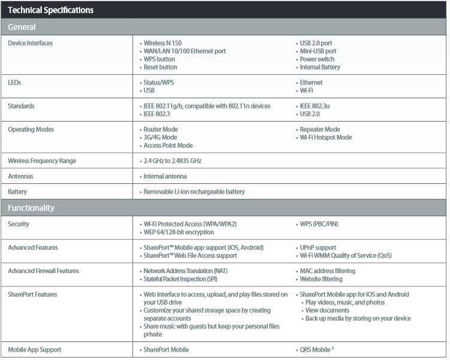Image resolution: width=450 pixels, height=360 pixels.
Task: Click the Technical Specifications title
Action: tap(50, 10)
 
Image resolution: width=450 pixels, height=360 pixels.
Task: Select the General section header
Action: tap(22, 27)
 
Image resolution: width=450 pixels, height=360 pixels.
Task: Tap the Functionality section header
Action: tap(31, 208)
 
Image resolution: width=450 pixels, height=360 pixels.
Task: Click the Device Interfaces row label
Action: tap(31, 43)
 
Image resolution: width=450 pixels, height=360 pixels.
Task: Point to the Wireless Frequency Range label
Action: tap(42, 161)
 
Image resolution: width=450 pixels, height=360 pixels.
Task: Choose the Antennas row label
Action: tap(20, 176)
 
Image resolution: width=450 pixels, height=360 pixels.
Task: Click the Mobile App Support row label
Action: tap(35, 349)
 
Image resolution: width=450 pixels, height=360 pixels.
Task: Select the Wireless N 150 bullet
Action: tap(162, 43)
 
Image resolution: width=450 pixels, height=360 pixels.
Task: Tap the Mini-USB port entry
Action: tap(318, 51)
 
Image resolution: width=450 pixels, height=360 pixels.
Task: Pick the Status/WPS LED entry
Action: tap(159, 83)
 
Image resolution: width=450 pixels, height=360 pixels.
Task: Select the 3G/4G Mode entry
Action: tap(160, 137)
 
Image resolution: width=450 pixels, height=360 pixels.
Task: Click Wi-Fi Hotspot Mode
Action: tap(326, 137)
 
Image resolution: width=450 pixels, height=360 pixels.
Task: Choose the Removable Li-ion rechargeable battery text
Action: tap(194, 192)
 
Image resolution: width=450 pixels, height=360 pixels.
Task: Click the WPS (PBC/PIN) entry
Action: tap(318, 224)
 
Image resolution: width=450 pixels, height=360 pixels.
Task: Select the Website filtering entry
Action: tap(321, 279)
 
